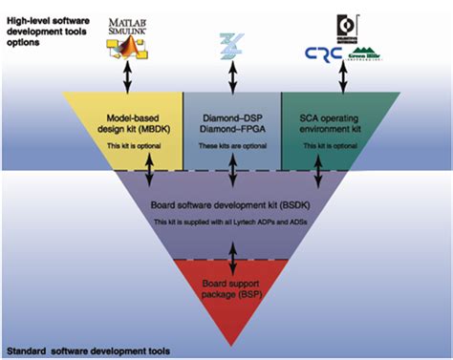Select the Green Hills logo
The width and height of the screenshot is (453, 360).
point(374,56)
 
